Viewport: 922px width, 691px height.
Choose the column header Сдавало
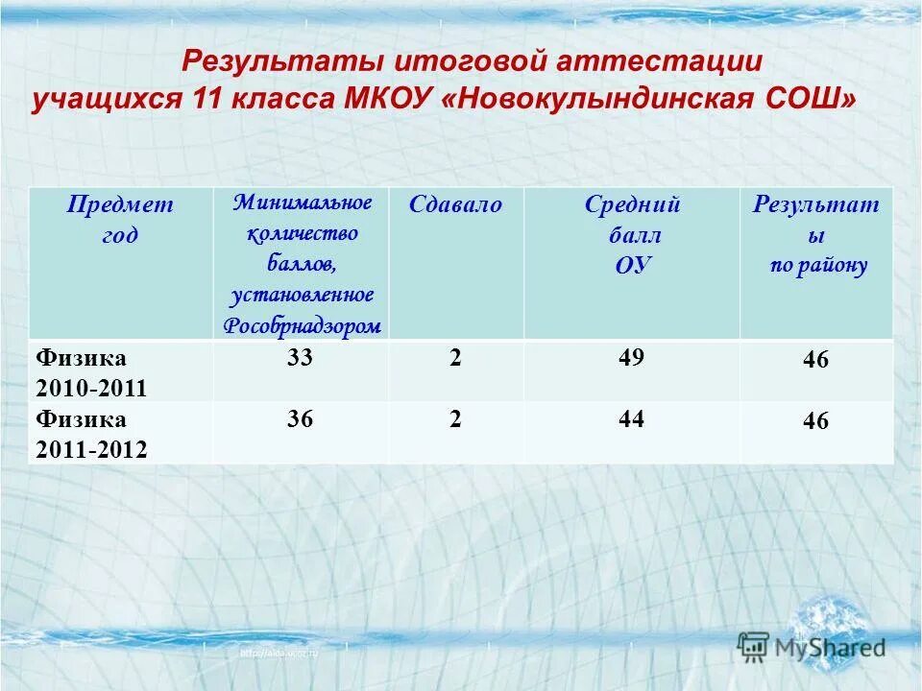(x=455, y=204)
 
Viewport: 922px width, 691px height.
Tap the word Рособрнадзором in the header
(x=302, y=325)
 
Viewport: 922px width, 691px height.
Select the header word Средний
(x=632, y=204)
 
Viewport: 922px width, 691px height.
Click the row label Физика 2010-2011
(x=91, y=373)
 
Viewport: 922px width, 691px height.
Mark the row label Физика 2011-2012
(x=91, y=435)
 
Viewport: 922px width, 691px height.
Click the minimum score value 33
(x=300, y=358)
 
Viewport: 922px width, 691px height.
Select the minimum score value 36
(x=300, y=419)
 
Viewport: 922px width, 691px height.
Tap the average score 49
(x=631, y=358)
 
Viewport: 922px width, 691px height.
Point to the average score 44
(x=631, y=419)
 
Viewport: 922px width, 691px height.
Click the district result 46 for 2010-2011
(x=815, y=361)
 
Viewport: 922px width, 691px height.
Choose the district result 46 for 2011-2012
(x=815, y=422)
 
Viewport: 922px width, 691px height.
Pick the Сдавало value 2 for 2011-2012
(x=455, y=419)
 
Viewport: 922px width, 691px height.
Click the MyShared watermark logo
(x=812, y=646)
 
